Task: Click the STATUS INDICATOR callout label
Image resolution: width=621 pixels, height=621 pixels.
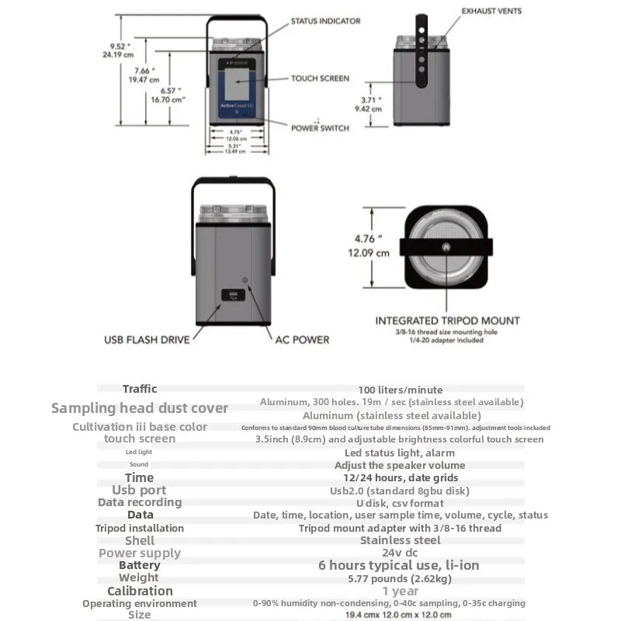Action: pyautogui.click(x=325, y=21)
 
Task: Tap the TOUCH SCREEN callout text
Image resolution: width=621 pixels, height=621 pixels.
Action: pyautogui.click(x=320, y=78)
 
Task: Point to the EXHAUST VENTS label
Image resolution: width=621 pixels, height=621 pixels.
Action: pyautogui.click(x=491, y=11)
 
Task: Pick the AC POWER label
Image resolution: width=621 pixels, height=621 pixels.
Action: pyautogui.click(x=302, y=339)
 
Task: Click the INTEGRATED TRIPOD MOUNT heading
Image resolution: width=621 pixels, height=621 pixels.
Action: pyautogui.click(x=447, y=321)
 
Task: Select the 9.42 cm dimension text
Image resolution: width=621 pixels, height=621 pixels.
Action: pyautogui.click(x=368, y=109)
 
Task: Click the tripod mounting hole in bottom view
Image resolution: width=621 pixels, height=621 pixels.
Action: pyautogui.click(x=446, y=246)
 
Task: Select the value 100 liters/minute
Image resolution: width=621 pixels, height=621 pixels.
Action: pyautogui.click(x=401, y=390)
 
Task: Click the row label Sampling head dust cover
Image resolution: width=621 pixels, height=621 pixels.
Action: pyautogui.click(x=140, y=408)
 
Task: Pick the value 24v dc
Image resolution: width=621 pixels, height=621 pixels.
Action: pyautogui.click(x=401, y=553)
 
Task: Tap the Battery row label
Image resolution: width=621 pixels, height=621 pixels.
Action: pyautogui.click(x=139, y=565)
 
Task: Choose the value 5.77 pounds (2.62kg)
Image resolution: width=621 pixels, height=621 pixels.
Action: pyautogui.click(x=401, y=578)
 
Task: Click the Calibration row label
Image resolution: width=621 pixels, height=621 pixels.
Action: pyautogui.click(x=140, y=591)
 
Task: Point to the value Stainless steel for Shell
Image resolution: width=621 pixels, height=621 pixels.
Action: pyautogui.click(x=401, y=540)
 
